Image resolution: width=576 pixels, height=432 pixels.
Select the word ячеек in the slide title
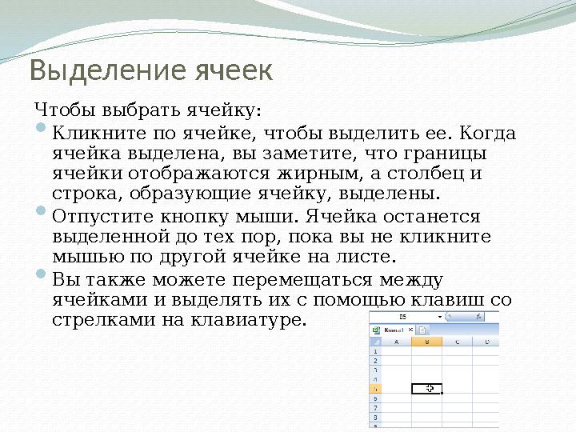[x=234, y=71]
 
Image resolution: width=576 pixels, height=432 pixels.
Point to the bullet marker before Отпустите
[x=42, y=214]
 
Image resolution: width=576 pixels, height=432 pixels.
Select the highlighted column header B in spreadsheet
[x=426, y=342]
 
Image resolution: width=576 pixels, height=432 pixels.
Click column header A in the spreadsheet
[x=396, y=342]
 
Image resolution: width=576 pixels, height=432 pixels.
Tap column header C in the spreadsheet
[x=457, y=342]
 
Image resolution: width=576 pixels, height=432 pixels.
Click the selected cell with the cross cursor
[x=426, y=388]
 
